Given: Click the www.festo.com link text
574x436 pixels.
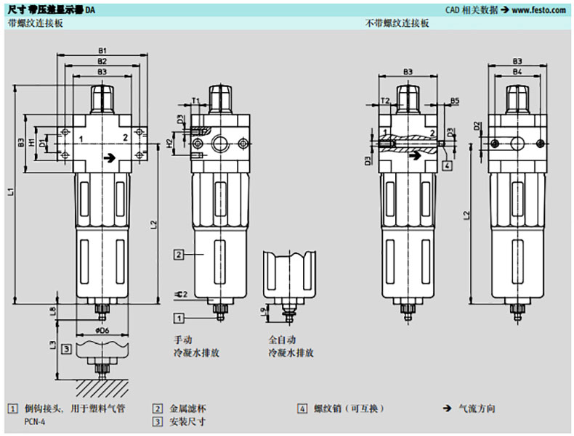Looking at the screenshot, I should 538,10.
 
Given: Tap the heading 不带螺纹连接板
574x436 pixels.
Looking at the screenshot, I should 397,23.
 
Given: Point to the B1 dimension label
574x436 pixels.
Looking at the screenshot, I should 102,51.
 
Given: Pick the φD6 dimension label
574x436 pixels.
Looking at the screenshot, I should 102,330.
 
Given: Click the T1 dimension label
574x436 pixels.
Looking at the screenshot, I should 195,99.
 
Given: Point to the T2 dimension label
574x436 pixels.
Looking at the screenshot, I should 385,99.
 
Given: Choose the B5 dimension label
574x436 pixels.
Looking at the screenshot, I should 454,99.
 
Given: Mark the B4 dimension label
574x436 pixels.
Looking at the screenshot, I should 517,73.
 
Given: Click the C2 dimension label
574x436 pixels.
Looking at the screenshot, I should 182,294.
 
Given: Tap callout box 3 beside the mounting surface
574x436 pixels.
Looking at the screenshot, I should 66,349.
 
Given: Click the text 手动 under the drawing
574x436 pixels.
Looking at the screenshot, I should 182,340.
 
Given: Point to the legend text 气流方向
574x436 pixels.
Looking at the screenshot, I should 478,409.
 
